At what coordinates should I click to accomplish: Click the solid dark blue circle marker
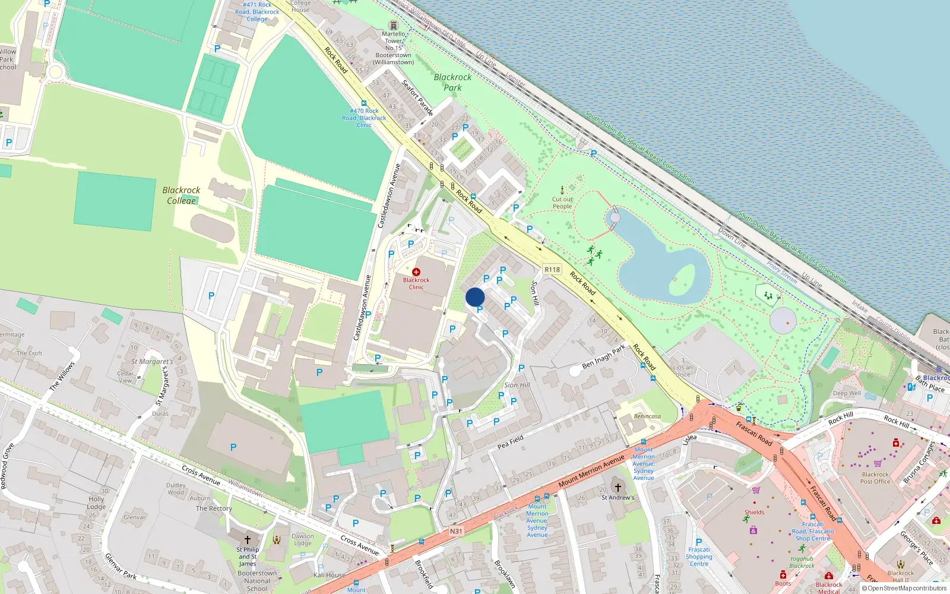pyautogui.click(x=475, y=297)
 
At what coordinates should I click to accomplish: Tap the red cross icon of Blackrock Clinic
pyautogui.click(x=416, y=272)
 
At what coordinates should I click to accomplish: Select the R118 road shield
pyautogui.click(x=552, y=269)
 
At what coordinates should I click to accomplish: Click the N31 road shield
pyautogui.click(x=456, y=531)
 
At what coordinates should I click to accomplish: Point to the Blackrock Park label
pyautogui.click(x=452, y=82)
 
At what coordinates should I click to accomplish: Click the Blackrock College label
pyautogui.click(x=181, y=195)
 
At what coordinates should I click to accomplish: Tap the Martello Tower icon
pyautogui.click(x=393, y=26)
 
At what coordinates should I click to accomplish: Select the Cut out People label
pyautogui.click(x=562, y=203)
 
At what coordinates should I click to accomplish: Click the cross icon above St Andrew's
pyautogui.click(x=617, y=488)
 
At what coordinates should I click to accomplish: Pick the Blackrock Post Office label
pyautogui.click(x=875, y=478)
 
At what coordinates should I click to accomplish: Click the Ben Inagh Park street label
pyautogui.click(x=604, y=356)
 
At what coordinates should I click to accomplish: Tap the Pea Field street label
pyautogui.click(x=511, y=441)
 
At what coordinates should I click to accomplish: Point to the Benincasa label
pyautogui.click(x=647, y=416)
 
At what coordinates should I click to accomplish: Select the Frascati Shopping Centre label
pyautogui.click(x=699, y=557)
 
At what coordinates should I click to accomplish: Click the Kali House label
pyautogui.click(x=329, y=575)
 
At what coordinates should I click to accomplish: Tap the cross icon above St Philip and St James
pyautogui.click(x=248, y=540)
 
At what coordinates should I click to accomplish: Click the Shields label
pyautogui.click(x=755, y=512)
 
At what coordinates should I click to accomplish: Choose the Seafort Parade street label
pyautogui.click(x=418, y=97)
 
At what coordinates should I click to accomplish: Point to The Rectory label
pyautogui.click(x=214, y=508)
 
